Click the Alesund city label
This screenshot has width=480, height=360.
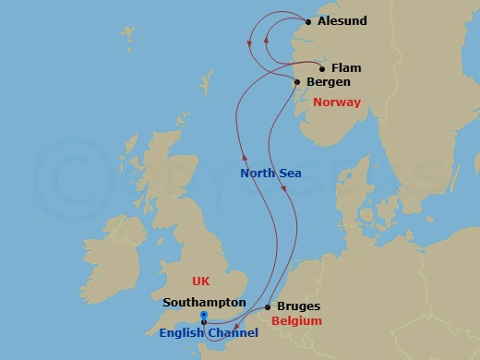coord(341,21)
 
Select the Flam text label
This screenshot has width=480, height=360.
coord(345,68)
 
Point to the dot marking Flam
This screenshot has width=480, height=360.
coord(321,68)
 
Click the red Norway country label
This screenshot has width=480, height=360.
coord(336,102)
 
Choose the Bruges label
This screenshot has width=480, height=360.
coord(298,306)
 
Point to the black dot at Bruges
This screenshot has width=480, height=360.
coord(268,306)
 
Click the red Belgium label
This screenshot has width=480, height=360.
coord(297,321)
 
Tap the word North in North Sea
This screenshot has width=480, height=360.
coord(258,173)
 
